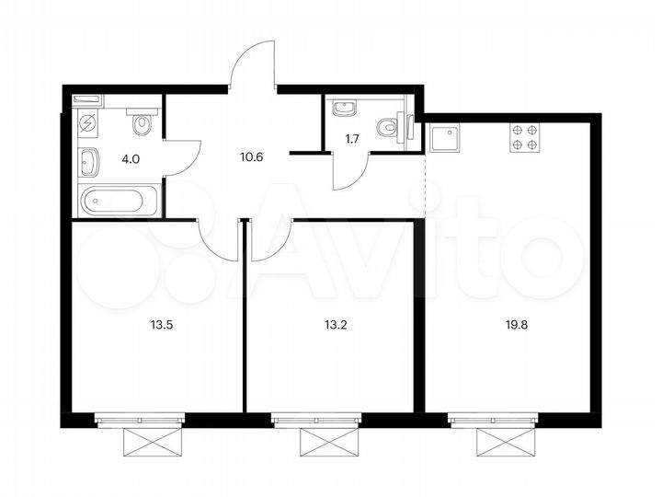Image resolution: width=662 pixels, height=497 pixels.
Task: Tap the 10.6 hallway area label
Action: click(252, 156)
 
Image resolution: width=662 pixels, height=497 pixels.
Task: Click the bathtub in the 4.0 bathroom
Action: click(120, 200)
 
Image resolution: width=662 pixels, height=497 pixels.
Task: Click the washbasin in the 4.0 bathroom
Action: click(90, 163)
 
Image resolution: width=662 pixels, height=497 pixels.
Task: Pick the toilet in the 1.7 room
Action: click(397, 129)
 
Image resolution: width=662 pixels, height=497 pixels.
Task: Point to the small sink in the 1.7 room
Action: click(348, 109)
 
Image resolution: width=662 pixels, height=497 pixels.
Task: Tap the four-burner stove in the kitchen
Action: click(524, 137)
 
